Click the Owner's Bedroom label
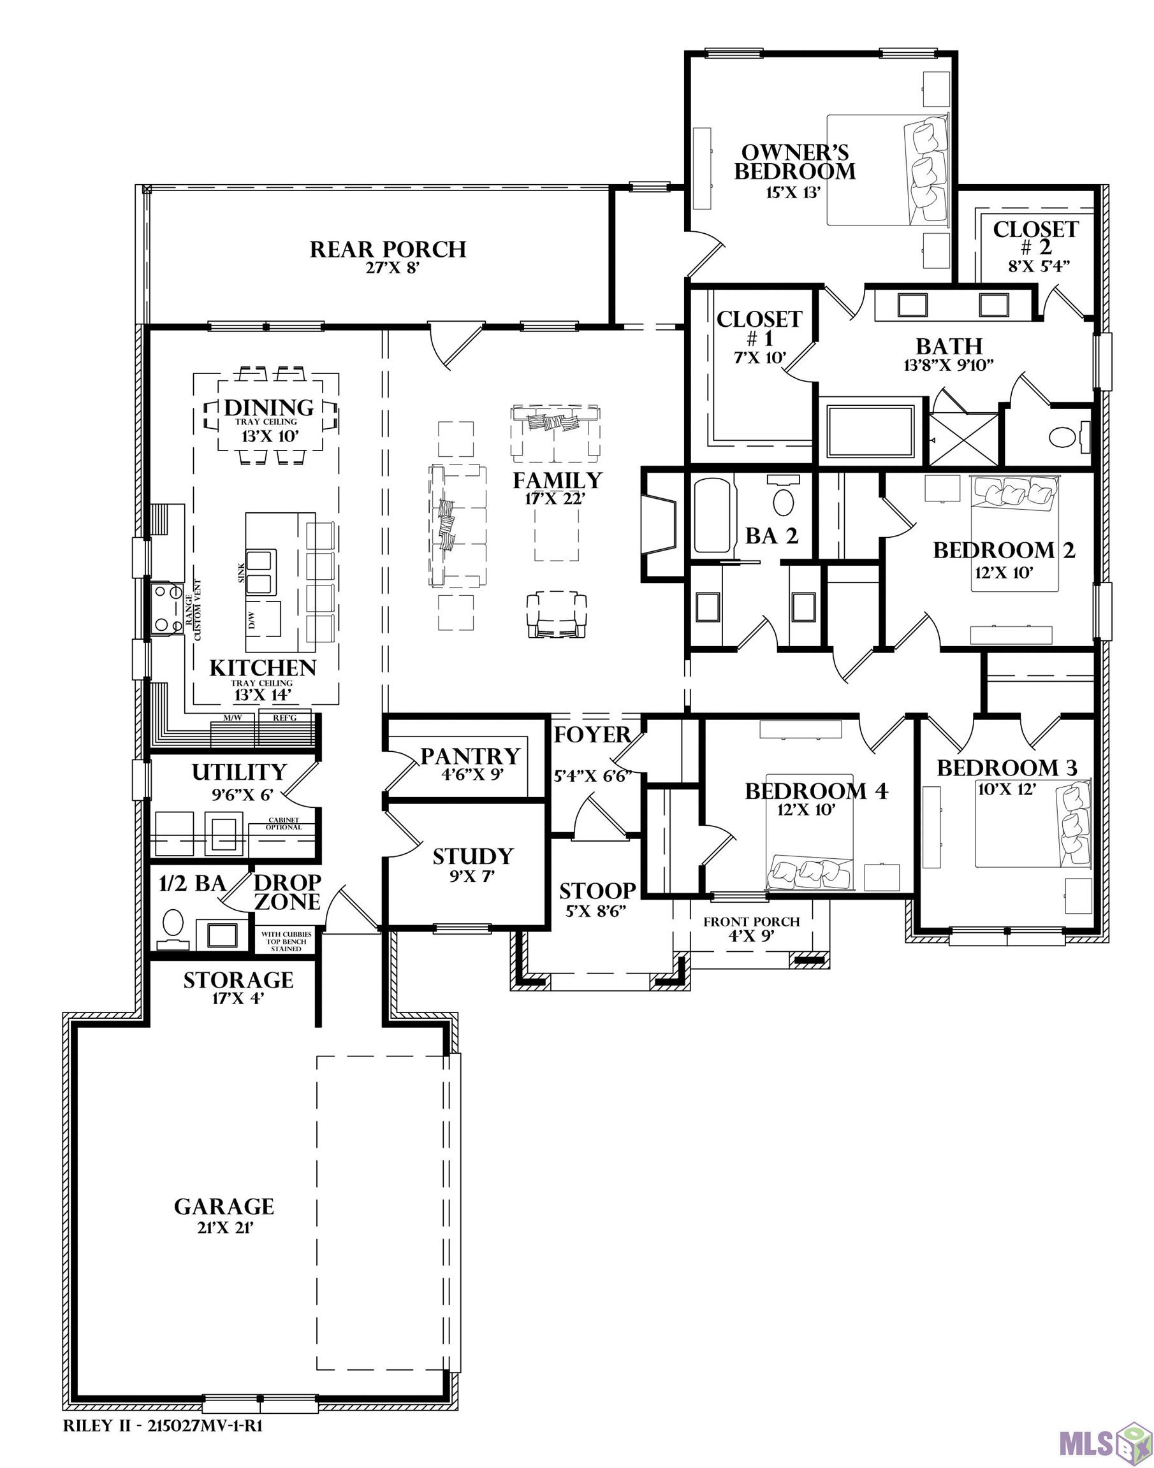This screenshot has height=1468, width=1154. tap(794, 162)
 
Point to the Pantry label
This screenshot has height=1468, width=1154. tap(471, 756)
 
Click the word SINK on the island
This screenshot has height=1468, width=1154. tap(241, 573)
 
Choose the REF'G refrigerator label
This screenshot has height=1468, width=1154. tap(284, 719)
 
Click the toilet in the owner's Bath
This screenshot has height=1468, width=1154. tap(1063, 437)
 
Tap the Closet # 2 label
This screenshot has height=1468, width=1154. tap(1035, 238)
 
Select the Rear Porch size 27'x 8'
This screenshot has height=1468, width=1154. tap(388, 268)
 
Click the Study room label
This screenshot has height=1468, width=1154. tap(472, 857)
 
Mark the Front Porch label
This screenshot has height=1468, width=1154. tap(751, 922)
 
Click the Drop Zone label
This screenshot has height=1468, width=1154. tap(286, 891)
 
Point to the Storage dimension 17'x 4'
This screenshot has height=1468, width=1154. tap(238, 997)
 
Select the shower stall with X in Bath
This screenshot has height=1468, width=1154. tap(963, 439)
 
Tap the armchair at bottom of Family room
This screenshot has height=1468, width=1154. tap(557, 614)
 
